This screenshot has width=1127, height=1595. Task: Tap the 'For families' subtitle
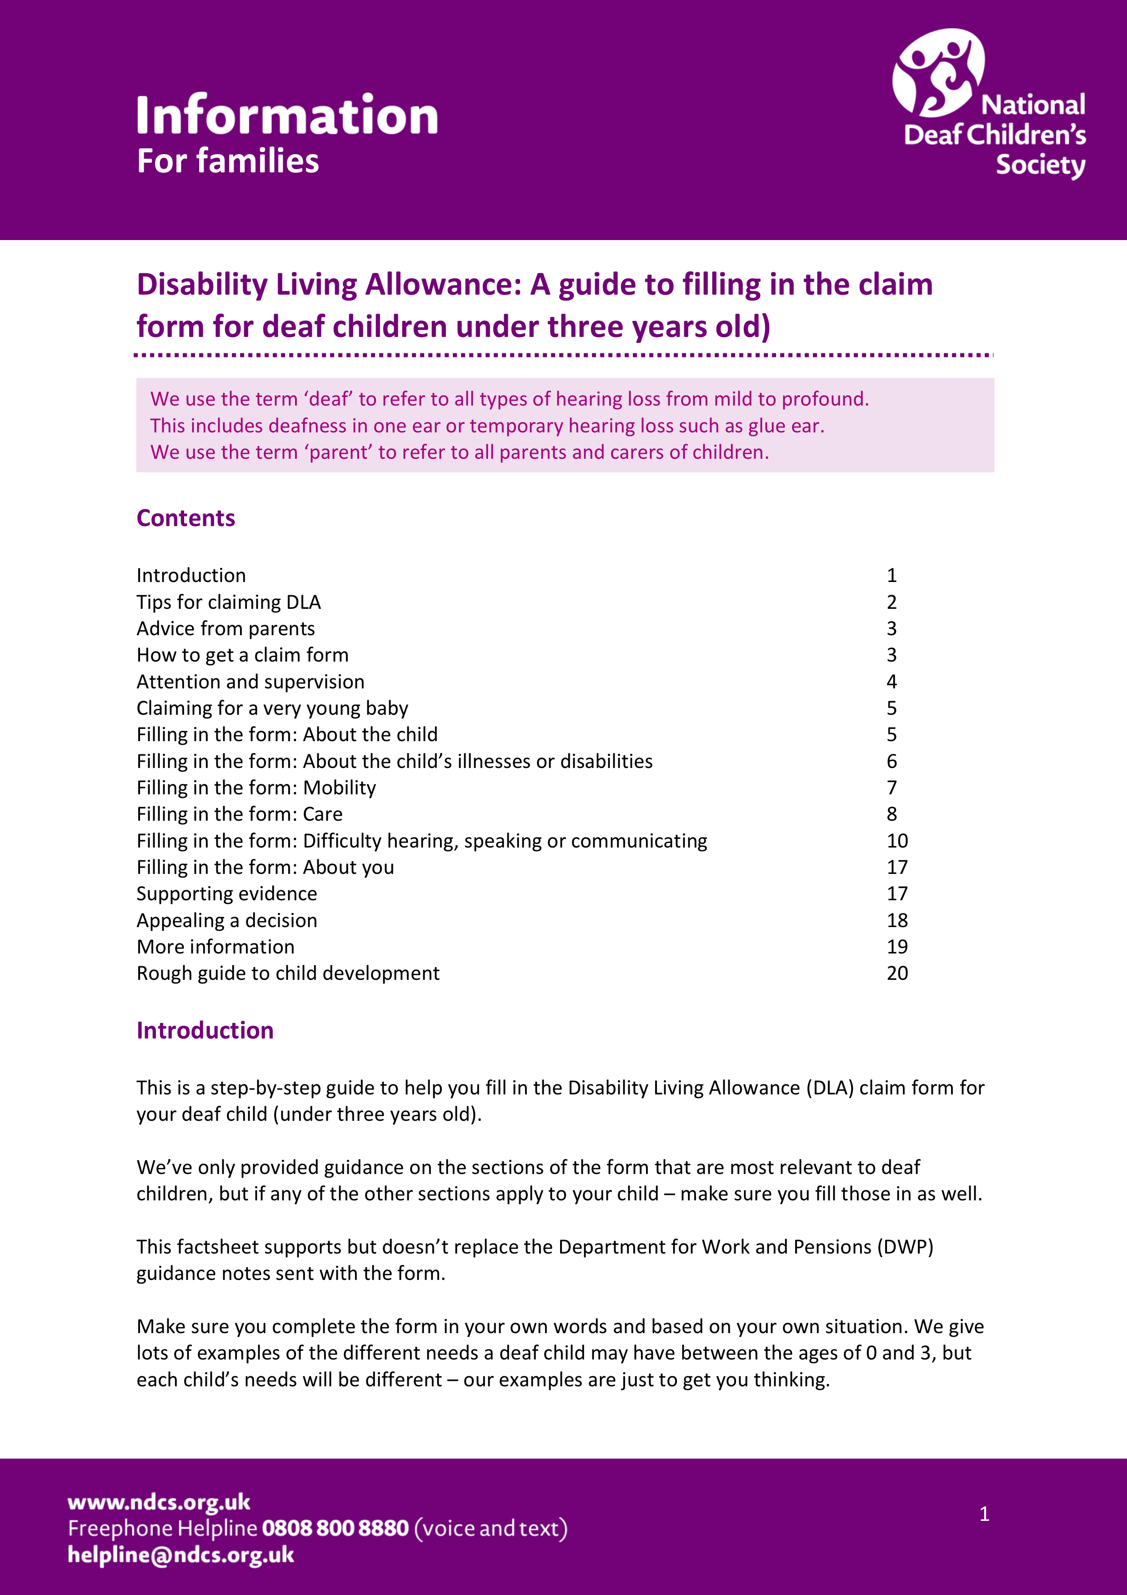click(x=228, y=161)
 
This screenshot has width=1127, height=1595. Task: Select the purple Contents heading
click(x=185, y=518)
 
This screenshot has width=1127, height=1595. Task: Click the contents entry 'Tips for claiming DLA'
click(x=229, y=602)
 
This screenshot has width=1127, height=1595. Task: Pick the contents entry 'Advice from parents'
click(x=225, y=629)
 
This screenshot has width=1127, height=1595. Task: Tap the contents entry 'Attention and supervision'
click(x=250, y=682)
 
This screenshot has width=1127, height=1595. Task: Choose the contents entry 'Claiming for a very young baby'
click(x=272, y=708)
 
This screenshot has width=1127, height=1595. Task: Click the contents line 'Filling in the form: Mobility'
click(x=256, y=788)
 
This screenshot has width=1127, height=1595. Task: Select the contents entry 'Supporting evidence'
click(x=226, y=894)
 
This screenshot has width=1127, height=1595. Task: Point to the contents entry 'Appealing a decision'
click(x=226, y=920)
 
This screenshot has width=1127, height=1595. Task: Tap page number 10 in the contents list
click(x=897, y=841)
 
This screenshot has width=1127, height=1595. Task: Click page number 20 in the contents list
click(x=897, y=973)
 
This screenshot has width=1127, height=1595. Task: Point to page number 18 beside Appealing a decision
click(x=897, y=920)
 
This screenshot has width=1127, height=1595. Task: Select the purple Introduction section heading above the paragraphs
click(x=205, y=1030)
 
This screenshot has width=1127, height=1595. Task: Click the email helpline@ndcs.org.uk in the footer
click(x=180, y=1555)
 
